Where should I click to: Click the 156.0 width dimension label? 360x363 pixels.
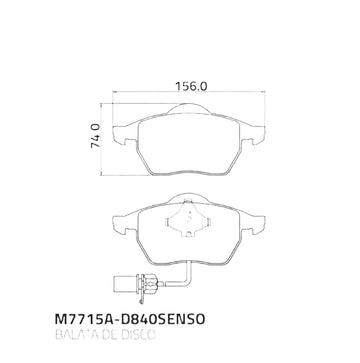[x=191, y=86]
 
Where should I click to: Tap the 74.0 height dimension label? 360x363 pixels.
[x=96, y=136]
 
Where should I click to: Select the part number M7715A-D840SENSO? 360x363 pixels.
[x=129, y=319]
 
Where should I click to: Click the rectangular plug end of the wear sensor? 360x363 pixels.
[x=125, y=283]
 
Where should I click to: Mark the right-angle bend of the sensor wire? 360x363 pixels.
[x=190, y=282]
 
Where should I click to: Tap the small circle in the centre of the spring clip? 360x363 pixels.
[x=188, y=219]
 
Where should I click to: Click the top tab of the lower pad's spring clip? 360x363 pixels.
[x=188, y=201]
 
